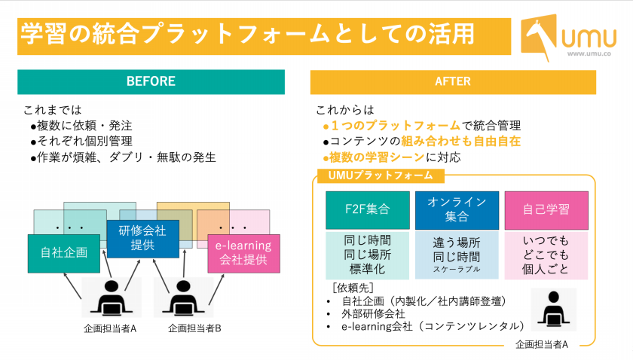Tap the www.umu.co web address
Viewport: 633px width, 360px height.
[589, 53]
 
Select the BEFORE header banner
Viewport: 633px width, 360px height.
[151, 82]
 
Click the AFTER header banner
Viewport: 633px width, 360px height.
[453, 82]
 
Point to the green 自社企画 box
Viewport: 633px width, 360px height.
[64, 254]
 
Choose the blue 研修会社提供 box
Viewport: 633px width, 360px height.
[143, 239]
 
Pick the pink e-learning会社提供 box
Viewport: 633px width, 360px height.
[243, 254]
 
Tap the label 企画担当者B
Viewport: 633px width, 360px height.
[194, 328]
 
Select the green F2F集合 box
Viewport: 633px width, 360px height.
[368, 210]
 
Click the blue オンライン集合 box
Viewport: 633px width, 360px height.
[457, 210]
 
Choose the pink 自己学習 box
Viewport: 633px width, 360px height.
[546, 210]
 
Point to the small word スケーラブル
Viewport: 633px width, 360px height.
[457, 269]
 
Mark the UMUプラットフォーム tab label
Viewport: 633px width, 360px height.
[381, 175]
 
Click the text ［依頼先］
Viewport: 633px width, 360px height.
[353, 288]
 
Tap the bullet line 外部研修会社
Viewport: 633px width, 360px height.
[373, 313]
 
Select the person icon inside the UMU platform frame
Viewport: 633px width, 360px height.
[553, 309]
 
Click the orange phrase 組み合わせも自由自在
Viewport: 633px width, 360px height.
[460, 142]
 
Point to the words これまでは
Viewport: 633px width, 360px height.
[53, 110]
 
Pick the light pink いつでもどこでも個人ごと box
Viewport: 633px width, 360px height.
[546, 255]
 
